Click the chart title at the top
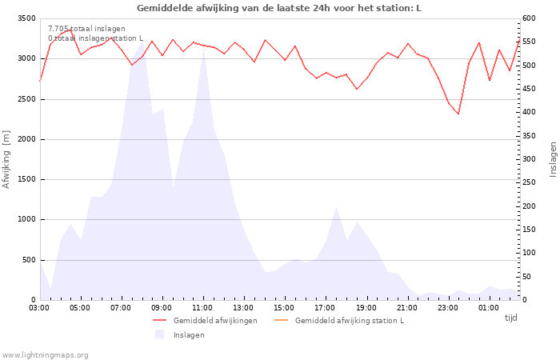coord(279,8)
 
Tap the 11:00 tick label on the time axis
coord(203,308)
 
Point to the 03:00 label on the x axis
coord(39,308)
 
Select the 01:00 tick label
coord(489,308)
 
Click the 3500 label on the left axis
coord(26,18)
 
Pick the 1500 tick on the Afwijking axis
coord(26,179)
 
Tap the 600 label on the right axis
coord(529,18)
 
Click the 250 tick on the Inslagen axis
coord(529,182)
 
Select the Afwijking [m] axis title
coord(6,159)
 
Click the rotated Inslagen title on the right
coord(554,159)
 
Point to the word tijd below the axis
coord(510,318)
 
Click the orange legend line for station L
coord(281,320)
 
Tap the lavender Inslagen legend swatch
coord(160,334)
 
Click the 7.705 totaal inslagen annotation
coord(86,29)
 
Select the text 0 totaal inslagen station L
coord(96,38)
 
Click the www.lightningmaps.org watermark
coord(45,355)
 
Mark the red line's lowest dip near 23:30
coord(458,114)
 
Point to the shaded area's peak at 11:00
coord(203,49)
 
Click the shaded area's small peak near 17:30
coord(336,206)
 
